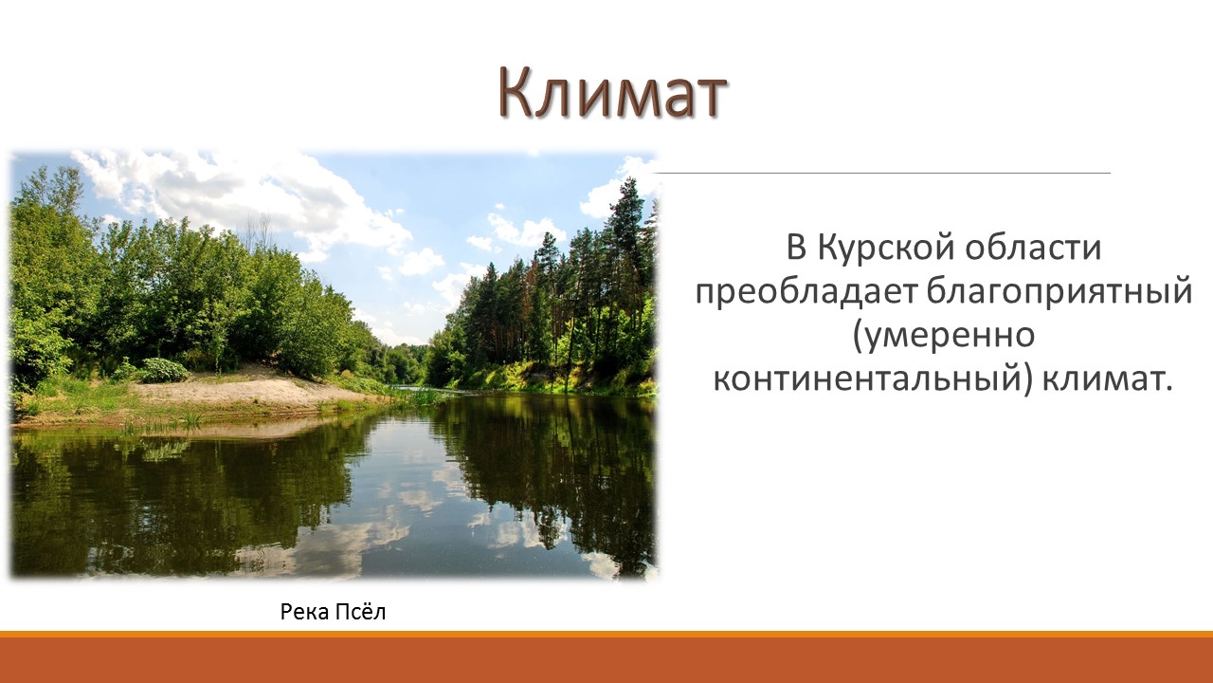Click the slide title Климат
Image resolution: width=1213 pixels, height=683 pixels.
pyautogui.click(x=612, y=93)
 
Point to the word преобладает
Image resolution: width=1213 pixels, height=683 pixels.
pyautogui.click(x=806, y=292)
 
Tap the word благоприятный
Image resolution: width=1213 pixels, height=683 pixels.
pyautogui.click(x=1059, y=292)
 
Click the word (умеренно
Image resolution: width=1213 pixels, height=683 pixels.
pyautogui.click(x=944, y=336)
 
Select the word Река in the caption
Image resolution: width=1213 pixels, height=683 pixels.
pyautogui.click(x=305, y=612)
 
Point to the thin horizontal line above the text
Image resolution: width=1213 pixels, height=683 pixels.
pyautogui.click(x=881, y=173)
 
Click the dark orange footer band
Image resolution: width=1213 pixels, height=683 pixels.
pyautogui.click(x=606, y=660)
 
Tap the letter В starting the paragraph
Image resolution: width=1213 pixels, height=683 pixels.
pyautogui.click(x=797, y=248)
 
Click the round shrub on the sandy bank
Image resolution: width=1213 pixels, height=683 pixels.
pyautogui.click(x=161, y=370)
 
